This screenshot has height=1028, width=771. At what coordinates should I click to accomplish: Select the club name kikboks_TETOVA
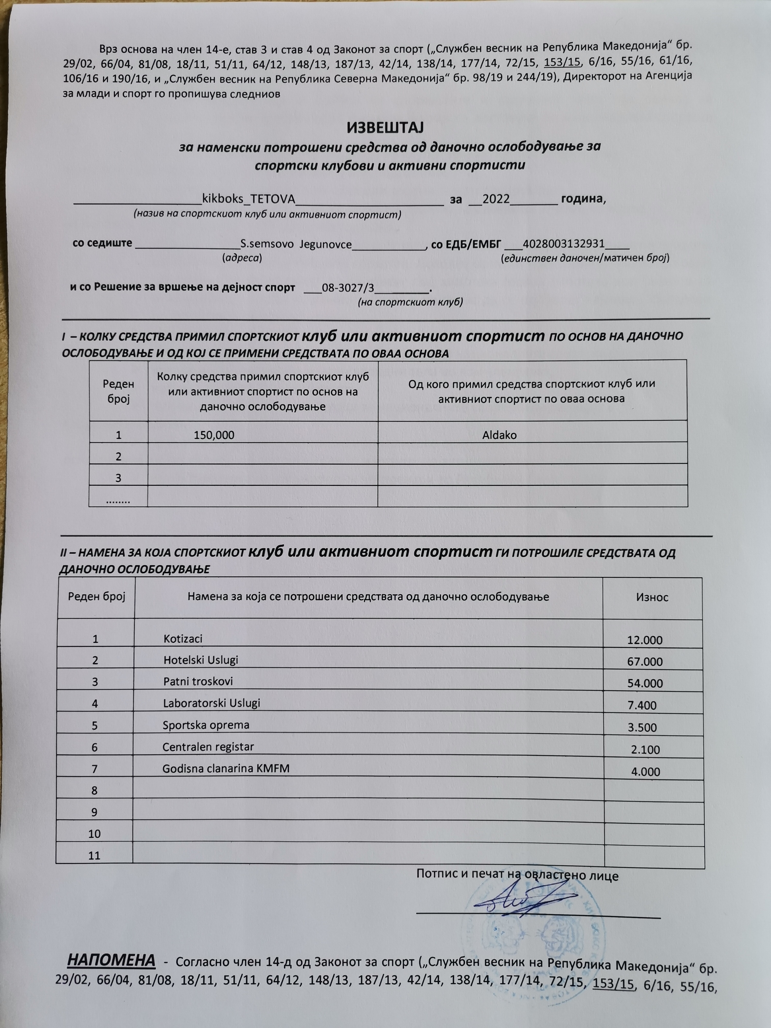tap(249, 199)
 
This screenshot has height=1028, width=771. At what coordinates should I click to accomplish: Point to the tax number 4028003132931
tap(563, 244)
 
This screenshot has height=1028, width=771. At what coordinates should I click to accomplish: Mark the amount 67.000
tap(645, 661)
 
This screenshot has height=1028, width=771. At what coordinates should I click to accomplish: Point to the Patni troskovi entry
tap(198, 681)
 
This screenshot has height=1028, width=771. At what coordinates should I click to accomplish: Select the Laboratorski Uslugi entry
tap(212, 703)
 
